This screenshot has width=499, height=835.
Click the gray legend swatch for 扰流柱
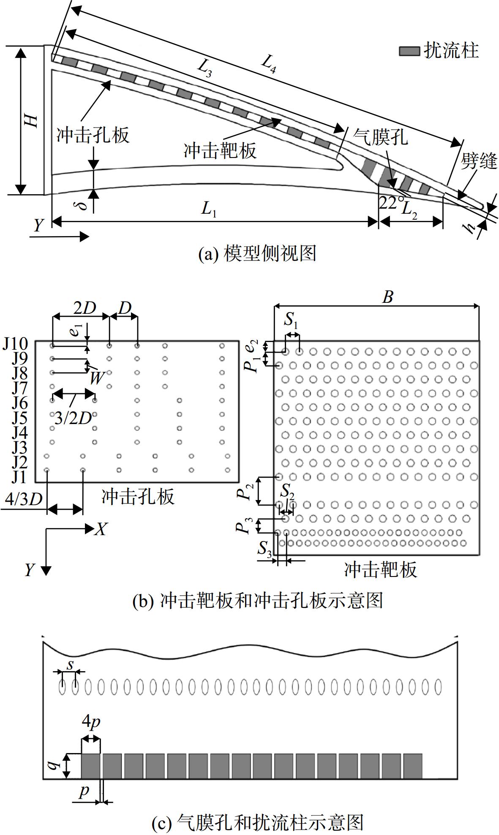pyautogui.click(x=409, y=51)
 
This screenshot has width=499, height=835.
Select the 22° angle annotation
pyautogui.click(x=388, y=203)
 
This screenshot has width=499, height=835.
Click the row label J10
pyautogui.click(x=15, y=344)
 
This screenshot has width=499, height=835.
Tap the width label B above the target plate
pyautogui.click(x=387, y=297)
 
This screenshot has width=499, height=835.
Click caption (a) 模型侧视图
pyautogui.click(x=257, y=253)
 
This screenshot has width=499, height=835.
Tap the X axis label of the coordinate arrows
pyautogui.click(x=101, y=529)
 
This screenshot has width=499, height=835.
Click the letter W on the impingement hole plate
pyautogui.click(x=97, y=378)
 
